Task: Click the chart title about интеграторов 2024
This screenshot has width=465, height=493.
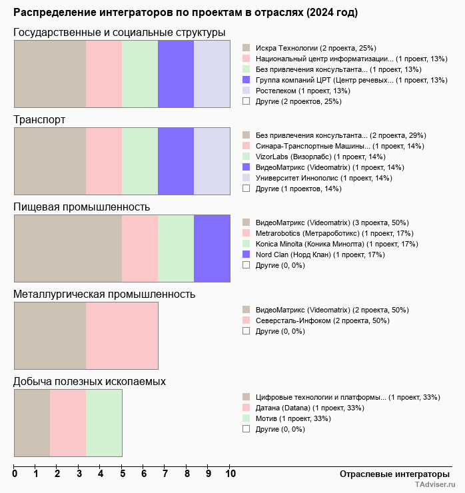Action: (185, 13)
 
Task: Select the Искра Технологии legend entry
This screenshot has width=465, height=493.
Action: (316, 48)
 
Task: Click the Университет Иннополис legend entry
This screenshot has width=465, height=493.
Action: (324, 178)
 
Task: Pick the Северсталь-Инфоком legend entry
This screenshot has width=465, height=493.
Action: (322, 320)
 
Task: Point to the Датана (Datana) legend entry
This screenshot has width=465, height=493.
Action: (310, 408)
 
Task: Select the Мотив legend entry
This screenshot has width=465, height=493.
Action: (292, 418)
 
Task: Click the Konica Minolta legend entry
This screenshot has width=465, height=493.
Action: (336, 244)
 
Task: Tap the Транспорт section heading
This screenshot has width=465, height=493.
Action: (39, 120)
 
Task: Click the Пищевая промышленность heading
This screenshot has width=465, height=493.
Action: (81, 207)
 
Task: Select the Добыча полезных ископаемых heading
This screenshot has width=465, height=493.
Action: (89, 382)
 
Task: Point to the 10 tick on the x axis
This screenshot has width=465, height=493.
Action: (231, 474)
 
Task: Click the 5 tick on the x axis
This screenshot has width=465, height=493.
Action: (122, 474)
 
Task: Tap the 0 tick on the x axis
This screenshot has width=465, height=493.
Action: (15, 474)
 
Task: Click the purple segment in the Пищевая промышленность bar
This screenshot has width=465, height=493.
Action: (212, 249)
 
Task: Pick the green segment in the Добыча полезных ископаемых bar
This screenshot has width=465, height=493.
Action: (104, 423)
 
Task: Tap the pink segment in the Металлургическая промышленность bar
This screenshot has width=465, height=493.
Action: (122, 336)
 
